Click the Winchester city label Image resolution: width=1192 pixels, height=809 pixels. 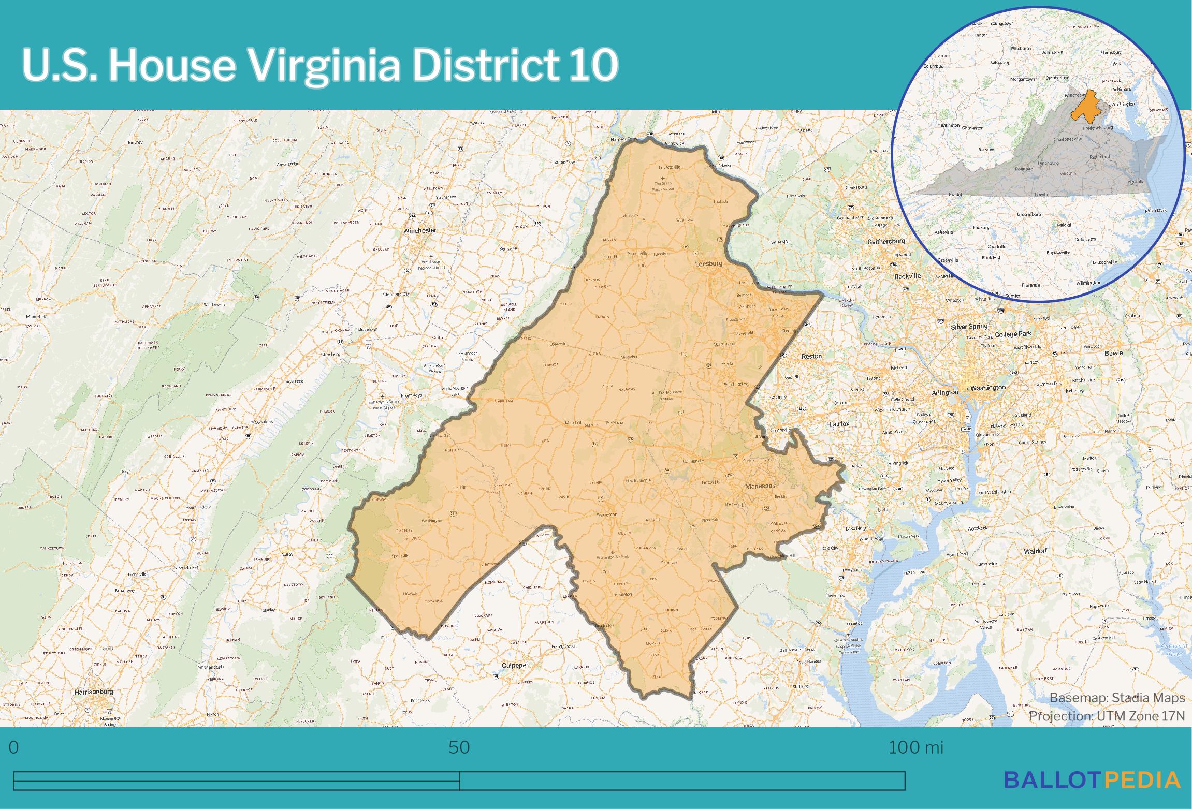pyautogui.click(x=420, y=230)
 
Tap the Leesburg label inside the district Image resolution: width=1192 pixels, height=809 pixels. pyautogui.click(x=708, y=263)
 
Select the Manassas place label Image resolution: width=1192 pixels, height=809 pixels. pyautogui.click(x=760, y=486)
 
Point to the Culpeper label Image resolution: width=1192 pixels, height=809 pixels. pyautogui.click(x=515, y=665)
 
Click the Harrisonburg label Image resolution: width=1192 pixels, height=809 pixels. pyautogui.click(x=94, y=692)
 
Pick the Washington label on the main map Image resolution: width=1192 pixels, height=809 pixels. pyautogui.click(x=988, y=388)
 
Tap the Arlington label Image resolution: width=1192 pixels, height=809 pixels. pyautogui.click(x=944, y=393)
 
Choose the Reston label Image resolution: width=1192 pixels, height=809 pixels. pyautogui.click(x=811, y=356)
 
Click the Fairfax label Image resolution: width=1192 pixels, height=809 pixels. pyautogui.click(x=839, y=424)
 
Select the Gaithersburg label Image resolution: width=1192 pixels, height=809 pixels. pyautogui.click(x=886, y=241)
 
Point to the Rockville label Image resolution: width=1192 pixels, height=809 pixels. pyautogui.click(x=908, y=276)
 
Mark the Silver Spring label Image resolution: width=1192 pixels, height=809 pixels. pyautogui.click(x=969, y=327)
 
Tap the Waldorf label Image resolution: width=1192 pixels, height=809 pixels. pyautogui.click(x=1036, y=551)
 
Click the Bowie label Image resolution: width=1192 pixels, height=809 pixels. pyautogui.click(x=1114, y=353)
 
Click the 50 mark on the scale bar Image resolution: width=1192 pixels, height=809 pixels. pyautogui.click(x=459, y=748)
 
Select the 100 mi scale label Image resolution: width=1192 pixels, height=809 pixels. pyautogui.click(x=916, y=748)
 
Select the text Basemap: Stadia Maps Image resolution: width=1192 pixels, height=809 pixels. pyautogui.click(x=1117, y=698)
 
